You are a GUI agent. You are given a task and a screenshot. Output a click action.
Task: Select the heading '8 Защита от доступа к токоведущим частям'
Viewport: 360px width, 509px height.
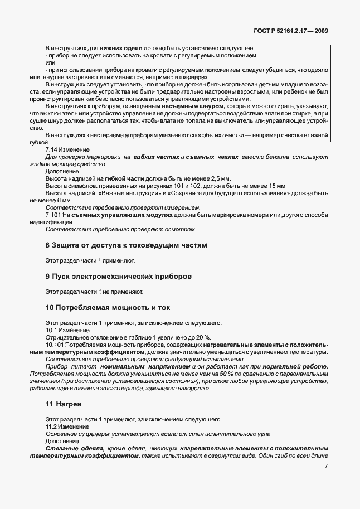(x=126, y=245)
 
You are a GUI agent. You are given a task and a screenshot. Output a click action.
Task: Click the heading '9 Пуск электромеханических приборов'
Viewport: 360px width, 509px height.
(x=119, y=276)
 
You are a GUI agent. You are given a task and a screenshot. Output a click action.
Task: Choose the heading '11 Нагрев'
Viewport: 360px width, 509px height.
(x=65, y=403)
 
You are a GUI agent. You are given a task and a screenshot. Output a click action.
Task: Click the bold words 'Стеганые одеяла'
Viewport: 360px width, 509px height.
(x=72, y=448)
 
